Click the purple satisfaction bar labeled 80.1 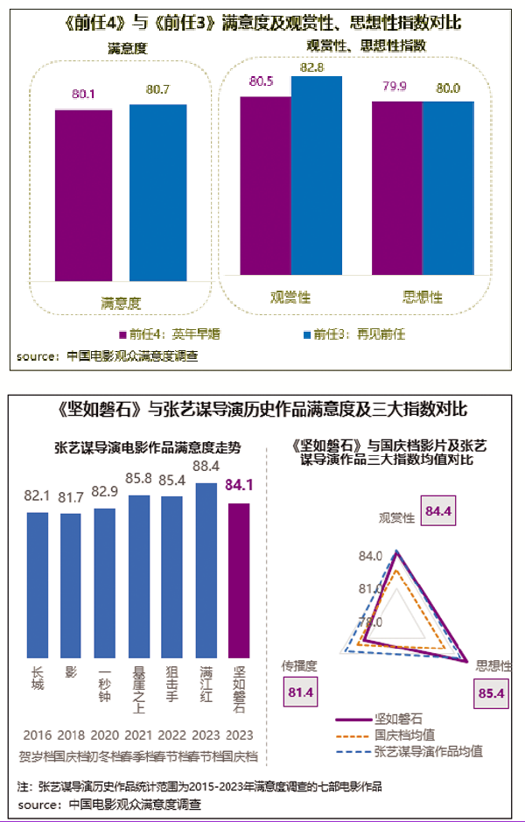83,194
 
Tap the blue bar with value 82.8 317,178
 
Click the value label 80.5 262,81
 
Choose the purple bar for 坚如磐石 239,580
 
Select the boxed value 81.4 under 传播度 299,693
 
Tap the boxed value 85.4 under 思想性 492,694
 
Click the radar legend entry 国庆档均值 404,734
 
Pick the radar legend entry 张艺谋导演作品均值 428,751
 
